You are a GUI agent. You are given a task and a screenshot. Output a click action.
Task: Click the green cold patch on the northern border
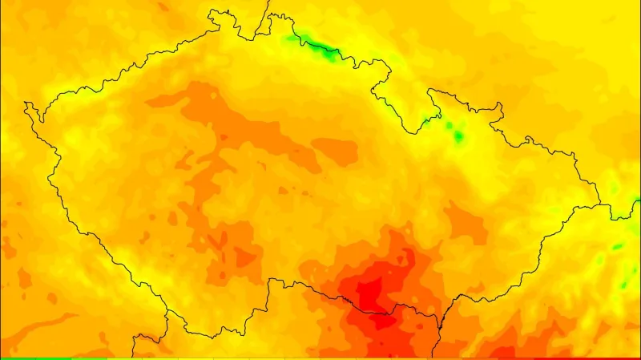pos(316,47)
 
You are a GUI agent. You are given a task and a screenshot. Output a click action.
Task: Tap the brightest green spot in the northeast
pos(458,136)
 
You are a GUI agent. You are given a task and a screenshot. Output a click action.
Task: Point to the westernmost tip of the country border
pos(26,104)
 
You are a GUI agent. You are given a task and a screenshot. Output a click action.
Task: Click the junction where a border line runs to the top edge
pos(259,36)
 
